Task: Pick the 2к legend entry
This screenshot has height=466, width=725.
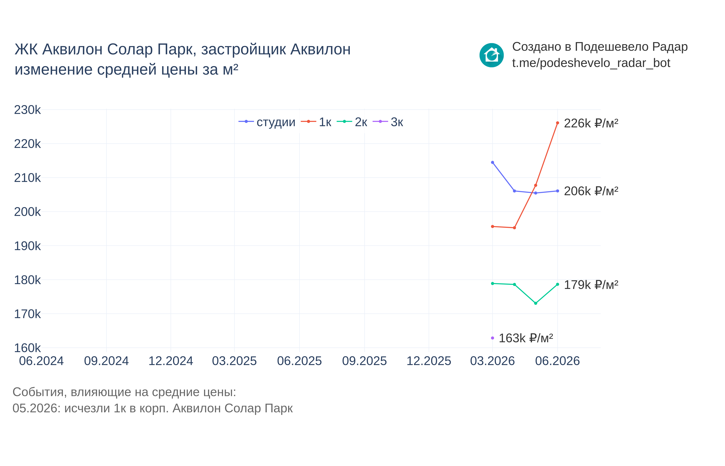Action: [x=352, y=122]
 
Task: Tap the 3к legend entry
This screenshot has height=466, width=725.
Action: [x=388, y=122]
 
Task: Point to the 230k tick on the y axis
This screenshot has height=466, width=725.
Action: [x=27, y=110]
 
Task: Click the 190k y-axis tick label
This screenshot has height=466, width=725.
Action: [x=27, y=246]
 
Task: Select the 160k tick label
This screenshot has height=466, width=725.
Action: [x=27, y=348]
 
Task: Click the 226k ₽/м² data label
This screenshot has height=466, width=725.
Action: [x=591, y=123]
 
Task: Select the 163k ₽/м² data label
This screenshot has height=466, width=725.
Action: [x=526, y=338]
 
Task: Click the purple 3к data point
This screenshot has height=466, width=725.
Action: [x=493, y=338]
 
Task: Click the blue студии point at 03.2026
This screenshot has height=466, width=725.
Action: [x=493, y=162]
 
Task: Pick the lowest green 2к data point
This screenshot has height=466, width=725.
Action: [x=536, y=303]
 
